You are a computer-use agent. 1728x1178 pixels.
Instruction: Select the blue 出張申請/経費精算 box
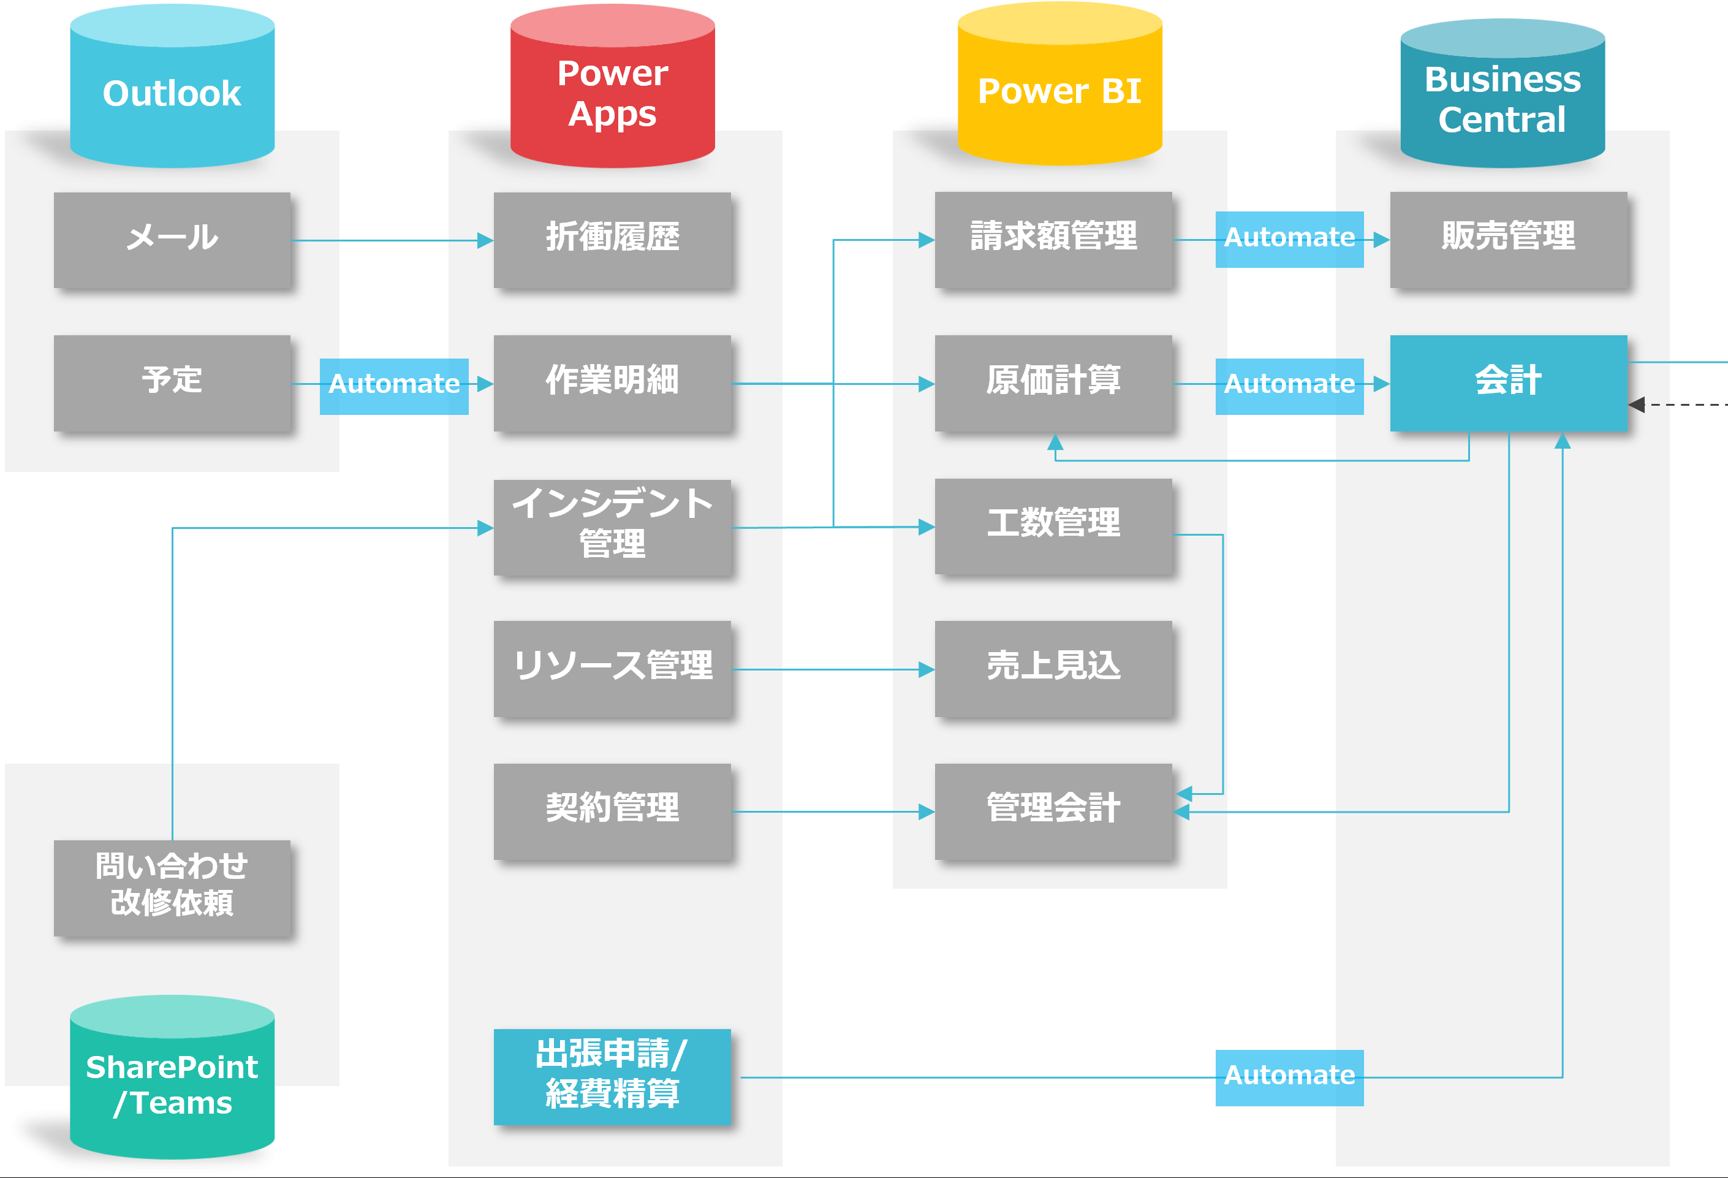pyautogui.click(x=612, y=1076)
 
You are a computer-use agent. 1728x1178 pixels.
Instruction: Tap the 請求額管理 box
pyautogui.click(x=1053, y=238)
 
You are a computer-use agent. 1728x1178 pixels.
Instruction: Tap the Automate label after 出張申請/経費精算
pyautogui.click(x=1289, y=1077)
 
